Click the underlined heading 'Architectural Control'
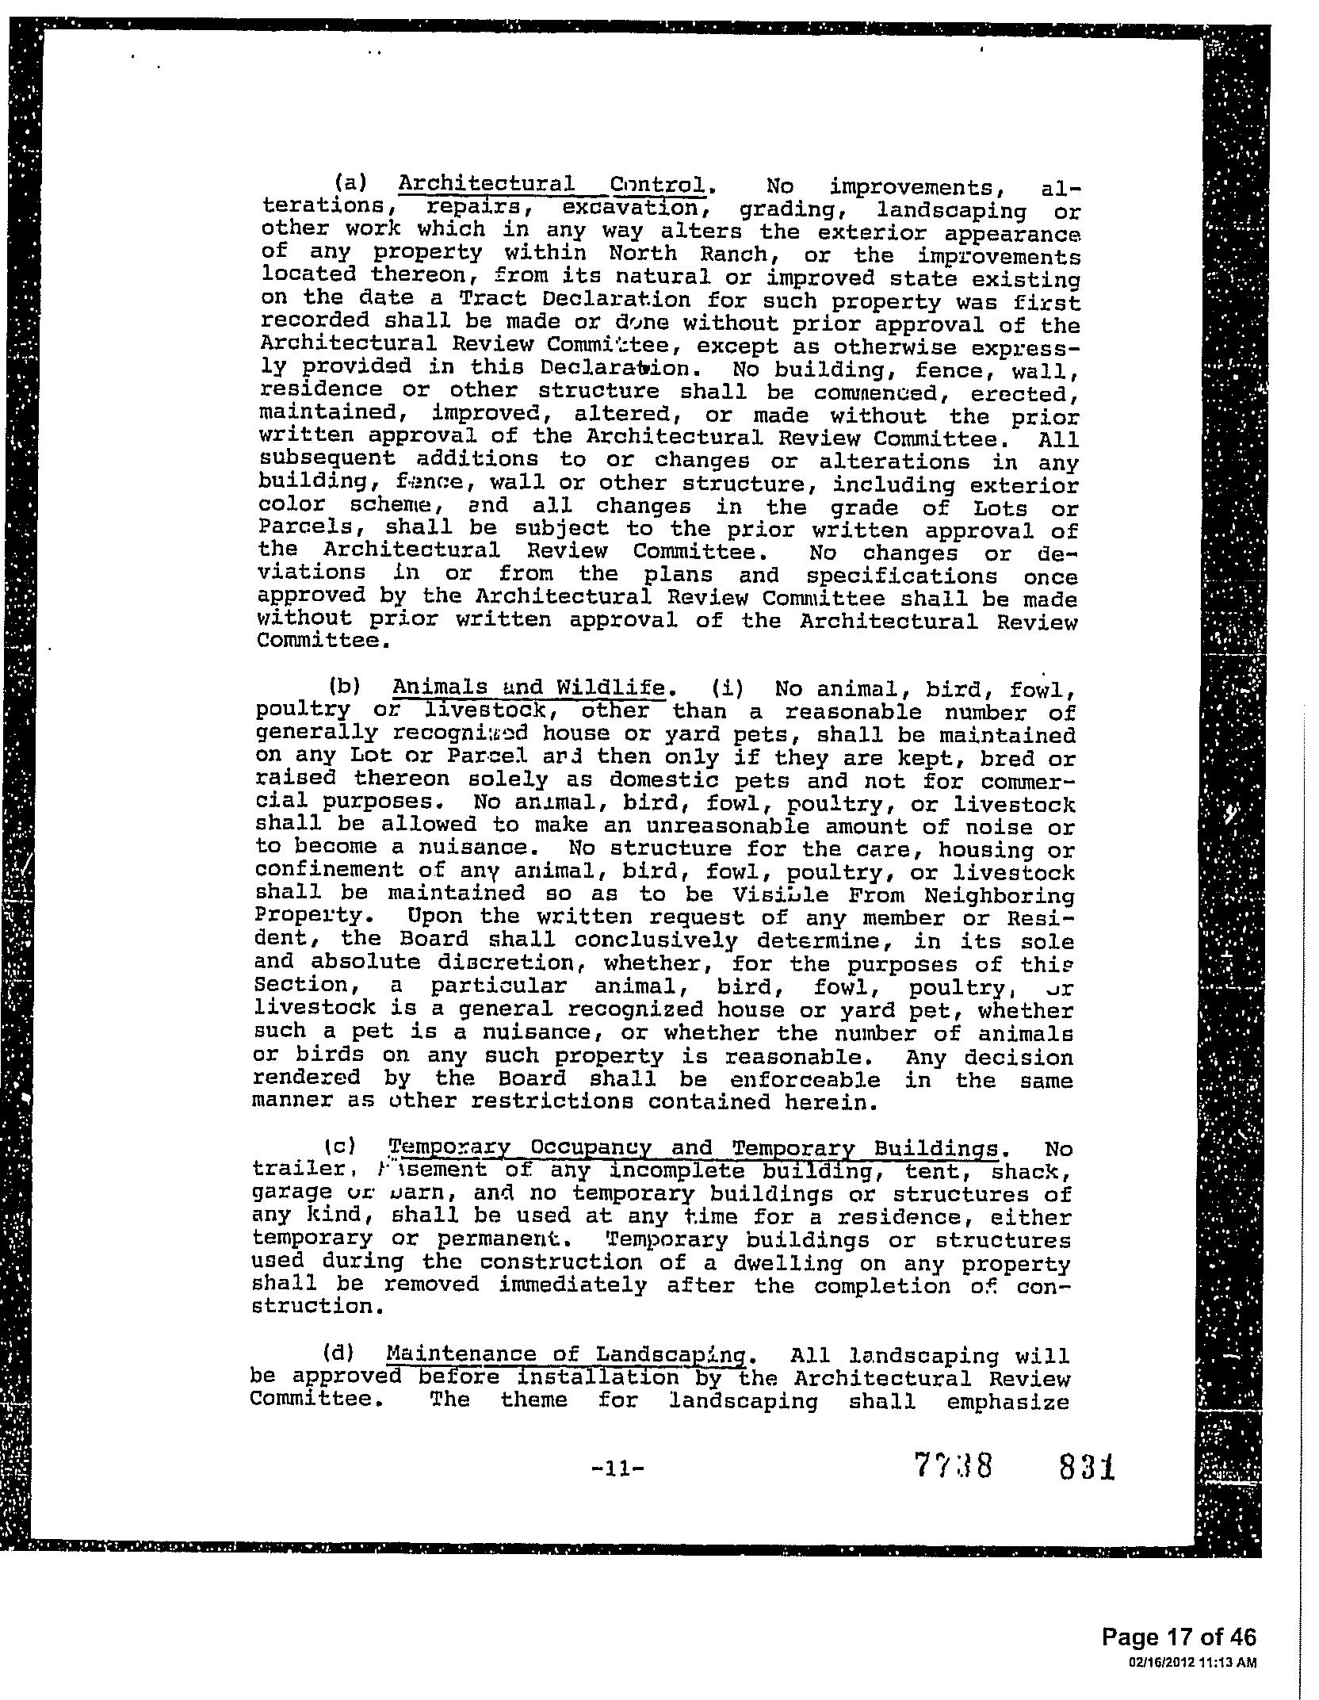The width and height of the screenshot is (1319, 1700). [552, 186]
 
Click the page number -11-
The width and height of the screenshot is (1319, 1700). [618, 1468]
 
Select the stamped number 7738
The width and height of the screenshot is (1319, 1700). [953, 1466]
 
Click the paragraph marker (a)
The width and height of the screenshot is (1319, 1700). [350, 183]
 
